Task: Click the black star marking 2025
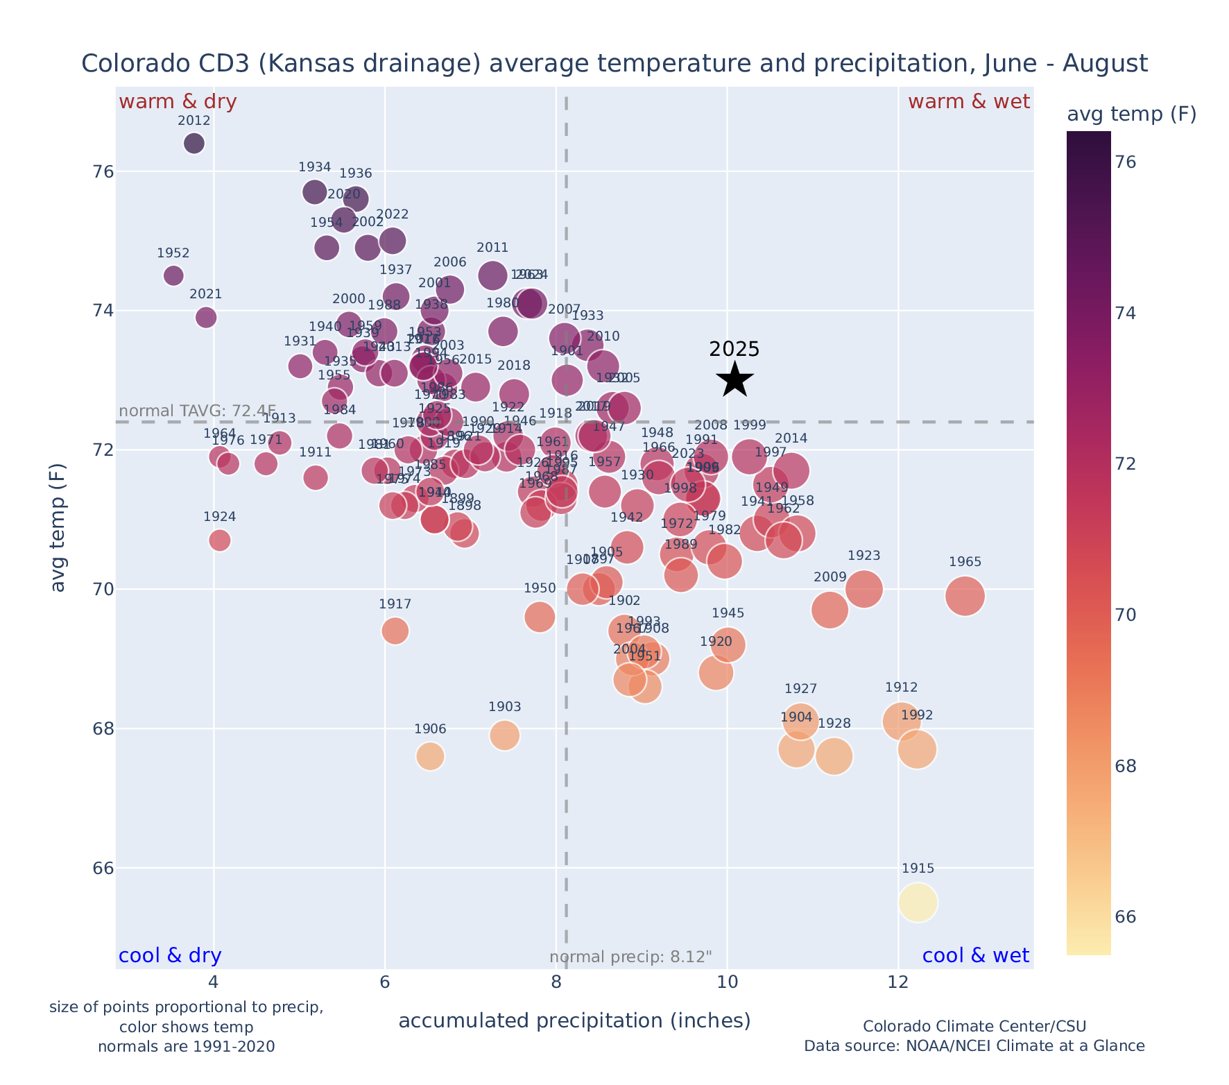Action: [735, 380]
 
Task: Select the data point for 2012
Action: [194, 144]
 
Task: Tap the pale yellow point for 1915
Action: [918, 903]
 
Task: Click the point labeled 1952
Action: [173, 275]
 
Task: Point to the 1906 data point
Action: [430, 756]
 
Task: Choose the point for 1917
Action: [395, 631]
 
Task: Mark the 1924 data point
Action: [220, 540]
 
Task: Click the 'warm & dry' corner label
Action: [178, 102]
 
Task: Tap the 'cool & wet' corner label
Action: [975, 956]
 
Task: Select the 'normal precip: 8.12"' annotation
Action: [630, 957]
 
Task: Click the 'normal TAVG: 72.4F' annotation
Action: [198, 411]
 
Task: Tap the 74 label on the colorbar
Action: [1125, 314]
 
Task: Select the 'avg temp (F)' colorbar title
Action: [1131, 114]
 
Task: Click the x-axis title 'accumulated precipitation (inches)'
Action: [574, 1020]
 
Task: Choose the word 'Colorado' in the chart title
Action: [122, 64]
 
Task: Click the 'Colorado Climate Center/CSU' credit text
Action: [974, 1027]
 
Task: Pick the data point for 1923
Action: [864, 589]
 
